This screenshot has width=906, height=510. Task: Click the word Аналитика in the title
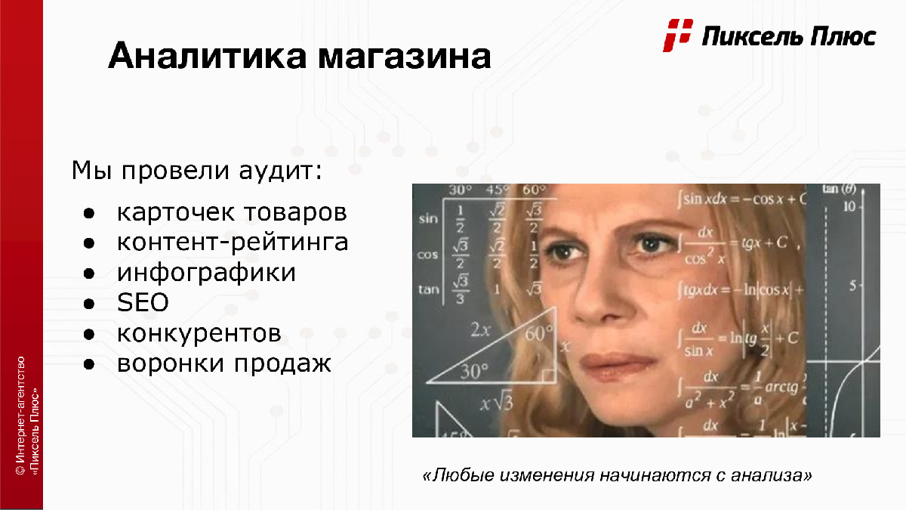pos(207,55)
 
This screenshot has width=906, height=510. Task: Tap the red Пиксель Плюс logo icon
pos(678,36)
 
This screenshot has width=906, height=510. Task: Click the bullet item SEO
pos(143,302)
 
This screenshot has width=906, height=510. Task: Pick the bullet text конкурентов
pos(199,334)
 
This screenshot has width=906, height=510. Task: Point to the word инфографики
pos(206,273)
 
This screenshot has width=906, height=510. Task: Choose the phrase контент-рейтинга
pos(233,242)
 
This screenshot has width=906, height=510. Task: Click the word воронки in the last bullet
pos(170,363)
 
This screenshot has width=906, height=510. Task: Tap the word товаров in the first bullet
pos(295,212)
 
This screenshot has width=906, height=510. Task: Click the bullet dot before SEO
pos(88,304)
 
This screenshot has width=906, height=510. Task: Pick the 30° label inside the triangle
pos(474,371)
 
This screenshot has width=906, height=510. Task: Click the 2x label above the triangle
pos(480,330)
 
